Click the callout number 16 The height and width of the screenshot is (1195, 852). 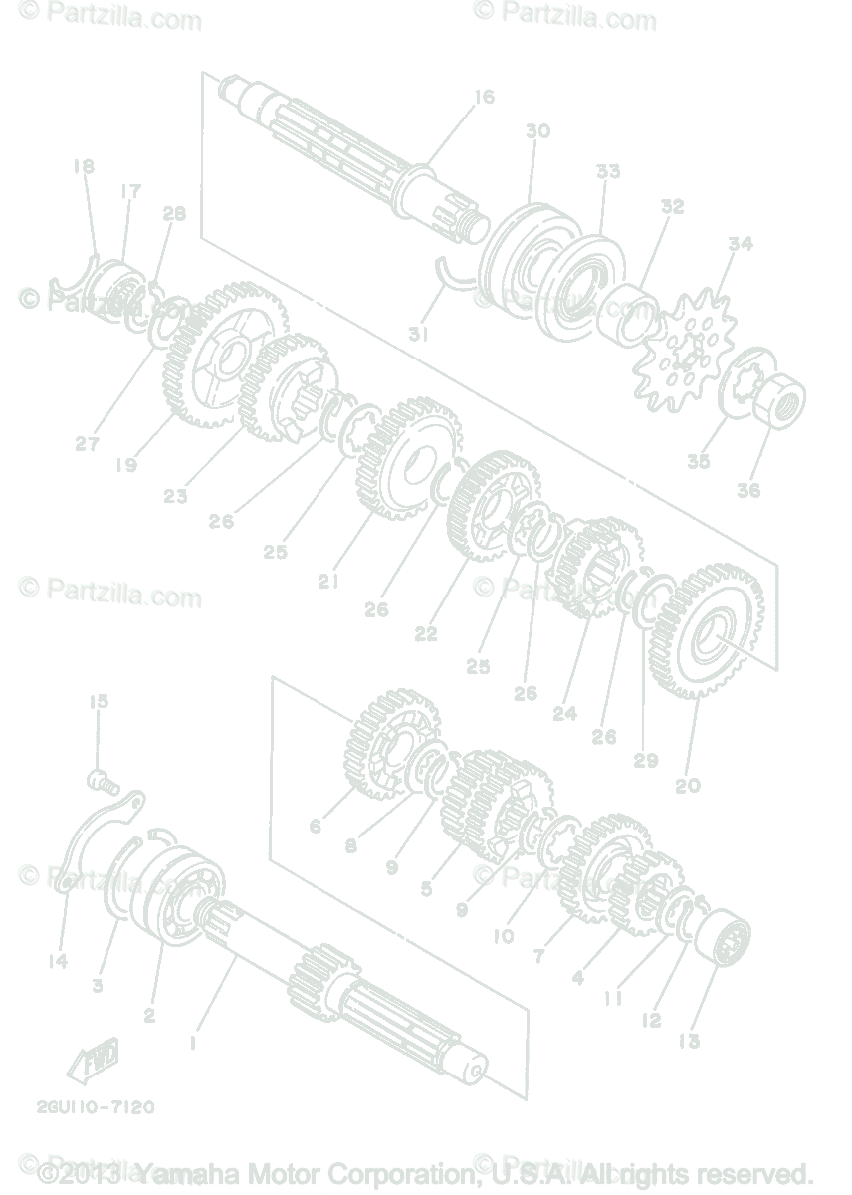pos(484,97)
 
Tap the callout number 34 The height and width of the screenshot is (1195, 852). pos(740,244)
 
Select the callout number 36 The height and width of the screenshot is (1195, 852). pos(748,490)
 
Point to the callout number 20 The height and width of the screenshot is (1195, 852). pos(688,785)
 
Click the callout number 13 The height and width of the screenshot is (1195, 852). pos(689,1041)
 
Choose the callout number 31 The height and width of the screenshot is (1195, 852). pos(418,336)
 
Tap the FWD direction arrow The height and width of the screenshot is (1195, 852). pos(93,1059)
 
